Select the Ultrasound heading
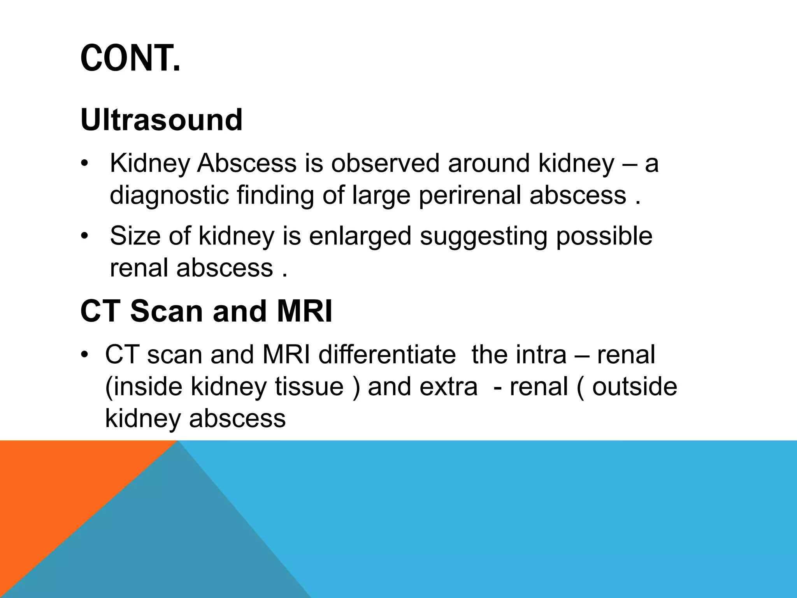point(162,120)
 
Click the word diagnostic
point(169,195)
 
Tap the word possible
point(604,236)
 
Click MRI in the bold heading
point(304,311)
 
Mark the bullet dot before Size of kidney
point(84,237)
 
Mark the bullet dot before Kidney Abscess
point(84,164)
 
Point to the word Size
point(135,236)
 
